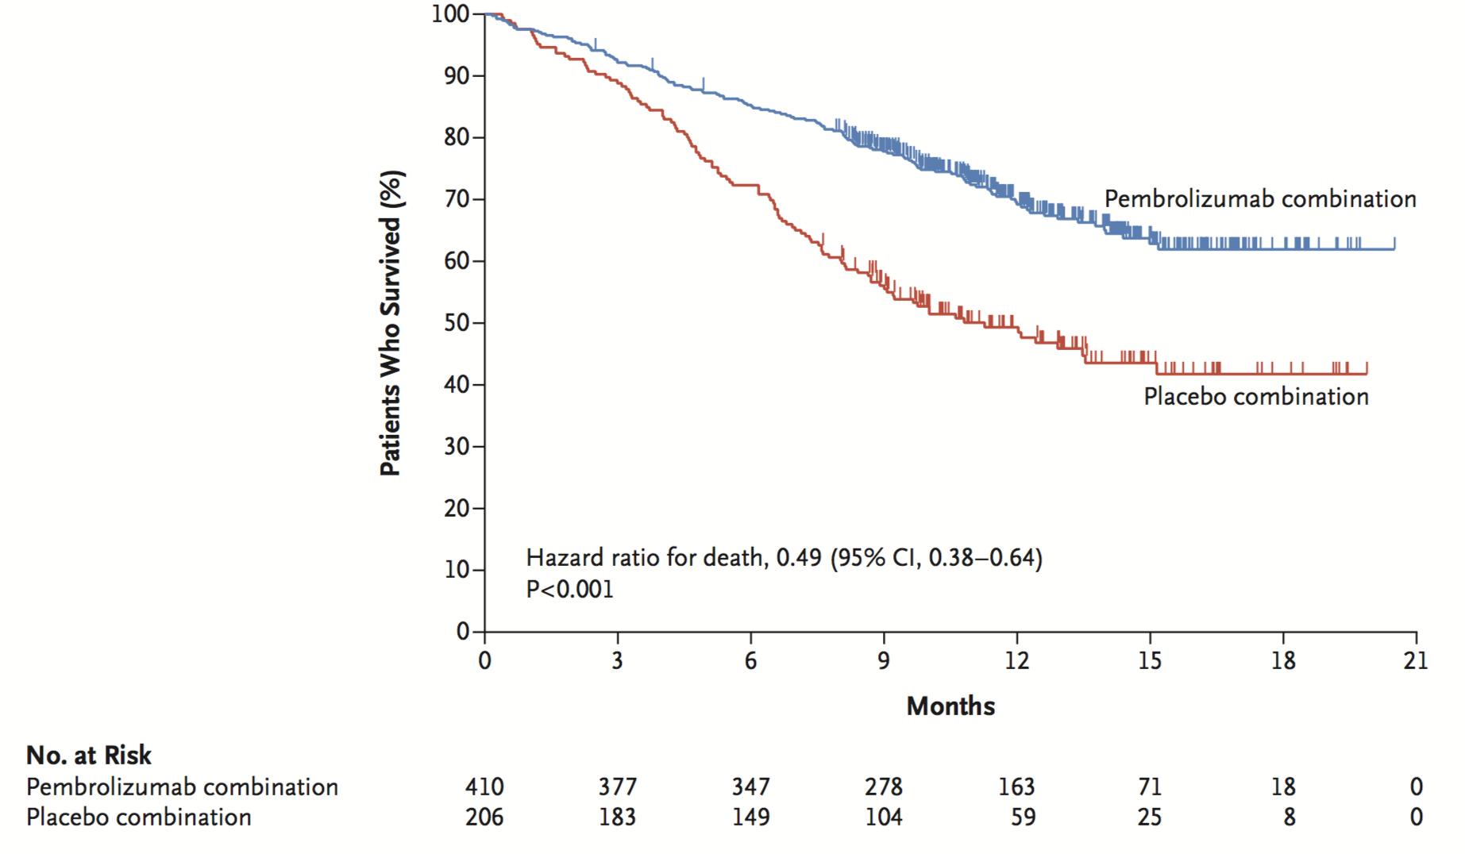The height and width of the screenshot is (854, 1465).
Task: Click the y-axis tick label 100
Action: click(x=450, y=13)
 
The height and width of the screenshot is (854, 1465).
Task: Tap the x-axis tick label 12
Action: click(x=1016, y=660)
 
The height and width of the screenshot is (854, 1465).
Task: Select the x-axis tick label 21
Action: click(x=1416, y=660)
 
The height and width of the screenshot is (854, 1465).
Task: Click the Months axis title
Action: click(x=950, y=706)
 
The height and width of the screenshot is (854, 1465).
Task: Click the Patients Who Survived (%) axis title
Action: click(x=391, y=323)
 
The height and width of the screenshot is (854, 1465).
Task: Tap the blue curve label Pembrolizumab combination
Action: click(x=1260, y=198)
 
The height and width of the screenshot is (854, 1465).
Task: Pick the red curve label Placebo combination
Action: click(x=1256, y=396)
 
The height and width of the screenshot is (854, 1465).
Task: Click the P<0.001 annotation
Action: click(x=569, y=589)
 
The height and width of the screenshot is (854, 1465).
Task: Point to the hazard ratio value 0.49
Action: click(x=799, y=558)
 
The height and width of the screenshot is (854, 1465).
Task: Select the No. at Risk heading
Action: click(x=88, y=755)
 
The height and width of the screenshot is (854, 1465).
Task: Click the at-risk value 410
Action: click(x=484, y=787)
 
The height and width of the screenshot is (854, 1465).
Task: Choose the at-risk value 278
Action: click(x=884, y=787)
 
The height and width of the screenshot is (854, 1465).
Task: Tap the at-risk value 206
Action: click(x=484, y=817)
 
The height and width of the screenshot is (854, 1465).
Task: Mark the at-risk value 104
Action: click(x=884, y=817)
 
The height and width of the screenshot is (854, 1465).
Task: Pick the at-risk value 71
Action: click(x=1150, y=787)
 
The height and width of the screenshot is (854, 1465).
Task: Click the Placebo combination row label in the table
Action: click(x=139, y=817)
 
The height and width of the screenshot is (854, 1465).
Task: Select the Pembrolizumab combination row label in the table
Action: click(x=182, y=787)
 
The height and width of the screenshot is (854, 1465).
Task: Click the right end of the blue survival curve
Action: click(x=1394, y=248)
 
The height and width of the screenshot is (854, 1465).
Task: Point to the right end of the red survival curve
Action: click(x=1367, y=373)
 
